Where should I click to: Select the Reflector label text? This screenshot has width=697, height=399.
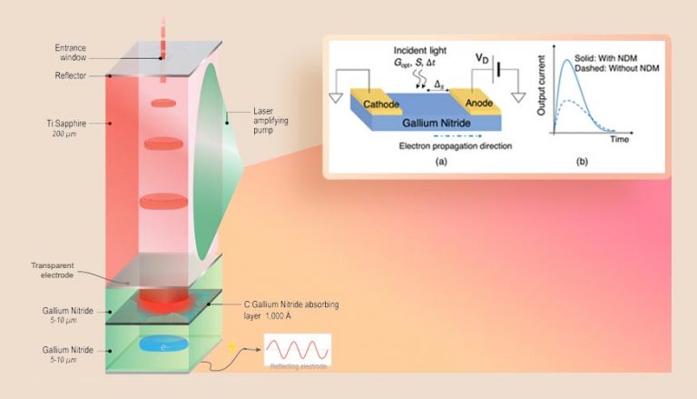coord(69,76)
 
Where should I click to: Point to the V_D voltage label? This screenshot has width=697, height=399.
coord(482,57)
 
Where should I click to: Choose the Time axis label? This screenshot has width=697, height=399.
coord(619,140)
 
